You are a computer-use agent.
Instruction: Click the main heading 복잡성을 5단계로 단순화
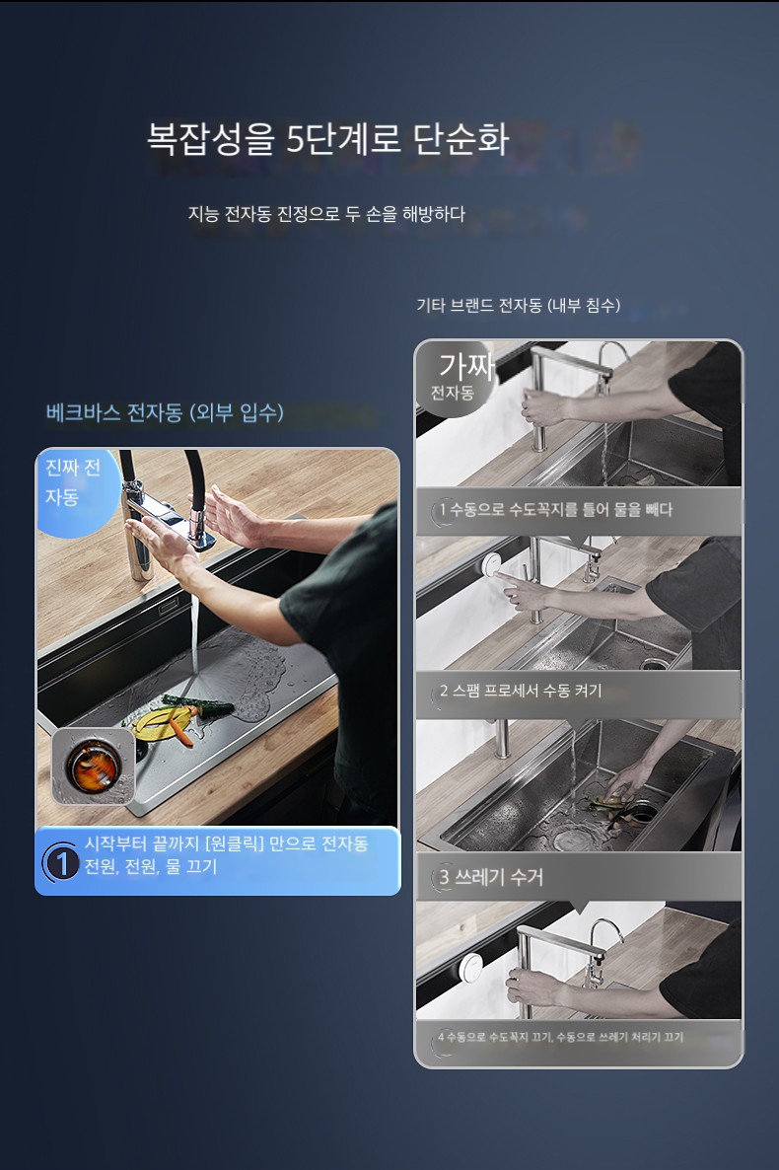coord(327,139)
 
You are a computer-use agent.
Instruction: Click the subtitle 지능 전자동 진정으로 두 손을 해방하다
coord(326,214)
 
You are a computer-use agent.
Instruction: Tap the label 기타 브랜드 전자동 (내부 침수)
coord(518,305)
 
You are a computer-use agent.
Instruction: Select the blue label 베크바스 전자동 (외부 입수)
coord(165,412)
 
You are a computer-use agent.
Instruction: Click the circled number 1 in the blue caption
coord(62,863)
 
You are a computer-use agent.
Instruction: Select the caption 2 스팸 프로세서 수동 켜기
coord(520,691)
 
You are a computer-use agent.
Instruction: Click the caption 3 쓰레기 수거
coord(491,877)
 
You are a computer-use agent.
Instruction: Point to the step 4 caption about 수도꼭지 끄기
coord(560,1037)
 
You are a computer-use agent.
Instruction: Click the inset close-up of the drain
coord(94,768)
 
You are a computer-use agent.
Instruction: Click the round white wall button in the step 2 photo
coord(492,565)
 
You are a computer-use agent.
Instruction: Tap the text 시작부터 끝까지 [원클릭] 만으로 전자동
coord(226,843)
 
